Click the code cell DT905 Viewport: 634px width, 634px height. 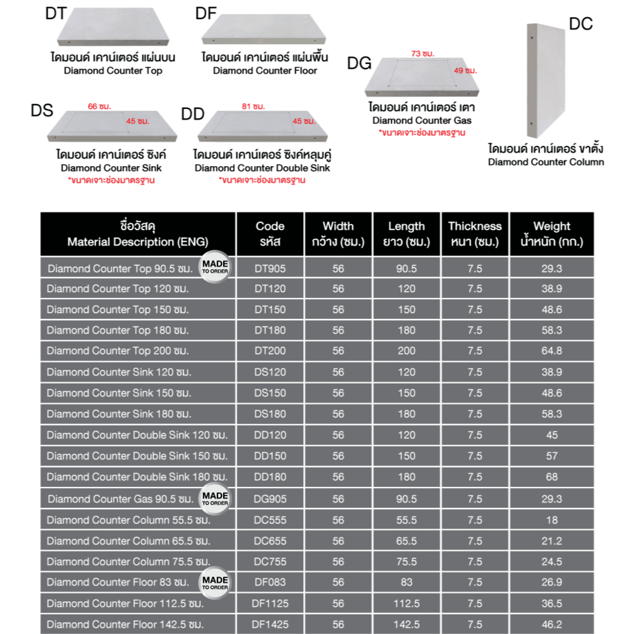270,268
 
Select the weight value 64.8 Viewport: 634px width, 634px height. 552,351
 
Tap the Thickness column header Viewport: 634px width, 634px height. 475,233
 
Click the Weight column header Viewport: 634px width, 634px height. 552,233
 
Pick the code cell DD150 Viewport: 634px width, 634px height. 270,456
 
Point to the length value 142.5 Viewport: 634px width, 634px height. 406,624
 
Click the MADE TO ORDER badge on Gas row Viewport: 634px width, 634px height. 215,498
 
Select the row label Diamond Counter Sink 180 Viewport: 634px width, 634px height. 119,414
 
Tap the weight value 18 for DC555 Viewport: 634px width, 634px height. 552,520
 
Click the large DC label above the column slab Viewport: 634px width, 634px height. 580,24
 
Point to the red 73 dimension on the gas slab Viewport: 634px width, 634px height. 417,53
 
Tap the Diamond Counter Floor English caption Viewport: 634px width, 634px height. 265,71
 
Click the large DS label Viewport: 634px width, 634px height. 42,111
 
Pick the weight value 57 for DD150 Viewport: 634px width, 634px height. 552,456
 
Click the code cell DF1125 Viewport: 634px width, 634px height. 270,604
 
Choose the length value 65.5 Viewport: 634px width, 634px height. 406,541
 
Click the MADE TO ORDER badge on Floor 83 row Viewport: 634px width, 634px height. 215,582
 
